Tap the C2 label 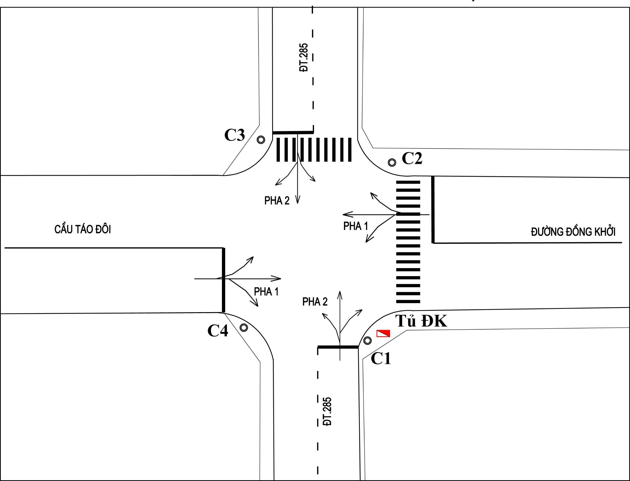412,158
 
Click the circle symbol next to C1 367,341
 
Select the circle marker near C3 261,140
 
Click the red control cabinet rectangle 383,333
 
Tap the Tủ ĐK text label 421,321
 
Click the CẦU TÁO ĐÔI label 83,229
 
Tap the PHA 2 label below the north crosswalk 277,201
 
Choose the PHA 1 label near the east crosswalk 356,226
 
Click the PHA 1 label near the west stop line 266,292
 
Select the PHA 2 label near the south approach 315,302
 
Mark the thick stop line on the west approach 223,280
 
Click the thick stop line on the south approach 338,347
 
